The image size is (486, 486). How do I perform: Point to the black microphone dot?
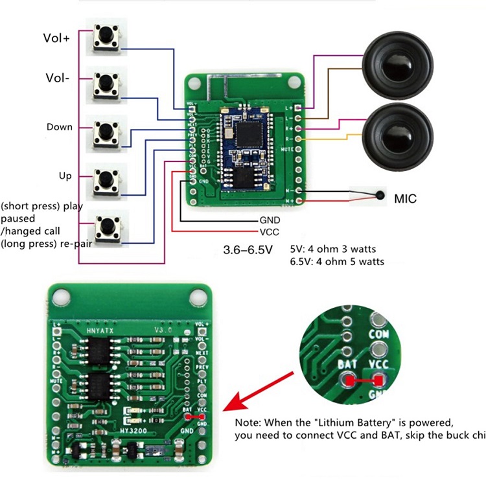tap(380, 195)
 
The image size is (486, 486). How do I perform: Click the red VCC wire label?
tap(269, 231)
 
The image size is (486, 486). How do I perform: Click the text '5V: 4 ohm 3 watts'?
tap(333, 249)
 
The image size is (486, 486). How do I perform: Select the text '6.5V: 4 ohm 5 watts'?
tap(337, 262)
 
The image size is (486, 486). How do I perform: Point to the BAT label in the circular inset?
tap(347, 365)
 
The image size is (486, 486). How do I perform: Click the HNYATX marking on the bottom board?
tap(100, 330)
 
